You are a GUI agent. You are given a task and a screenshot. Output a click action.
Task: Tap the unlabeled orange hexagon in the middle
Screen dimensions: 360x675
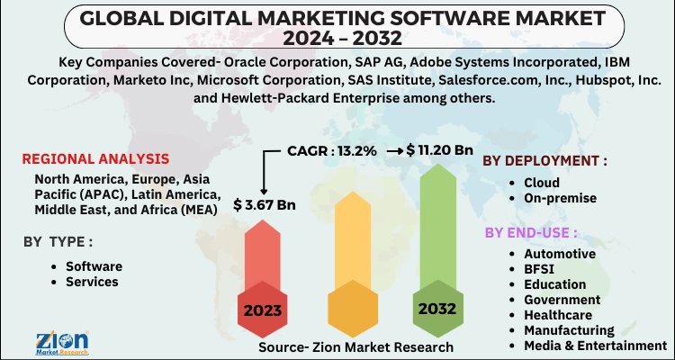[x=351, y=311]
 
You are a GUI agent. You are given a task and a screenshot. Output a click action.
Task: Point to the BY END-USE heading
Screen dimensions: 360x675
[x=530, y=233]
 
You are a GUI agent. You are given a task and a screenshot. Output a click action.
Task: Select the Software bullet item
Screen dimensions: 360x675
[x=94, y=266]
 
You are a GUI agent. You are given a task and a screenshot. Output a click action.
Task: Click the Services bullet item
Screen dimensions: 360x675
[x=93, y=282]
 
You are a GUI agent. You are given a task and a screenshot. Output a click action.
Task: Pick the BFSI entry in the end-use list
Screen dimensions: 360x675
[x=538, y=269]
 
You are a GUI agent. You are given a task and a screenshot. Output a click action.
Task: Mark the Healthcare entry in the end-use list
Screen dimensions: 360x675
[x=559, y=315]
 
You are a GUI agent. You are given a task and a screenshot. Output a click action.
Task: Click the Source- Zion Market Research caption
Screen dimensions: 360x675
[x=350, y=346]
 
